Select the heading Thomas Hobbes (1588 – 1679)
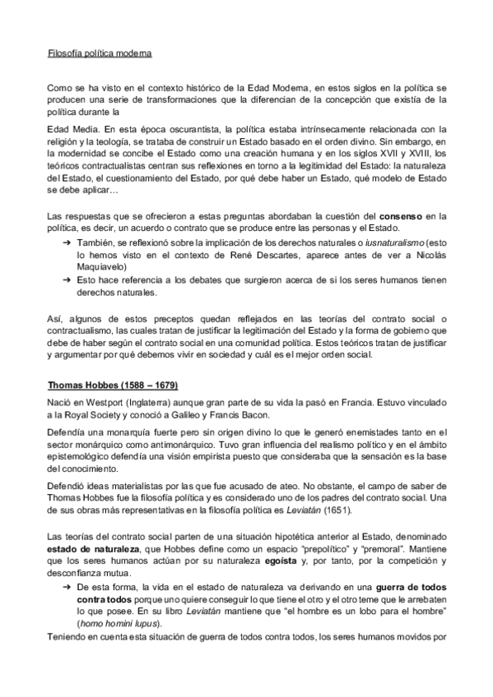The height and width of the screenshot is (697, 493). (113, 385)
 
